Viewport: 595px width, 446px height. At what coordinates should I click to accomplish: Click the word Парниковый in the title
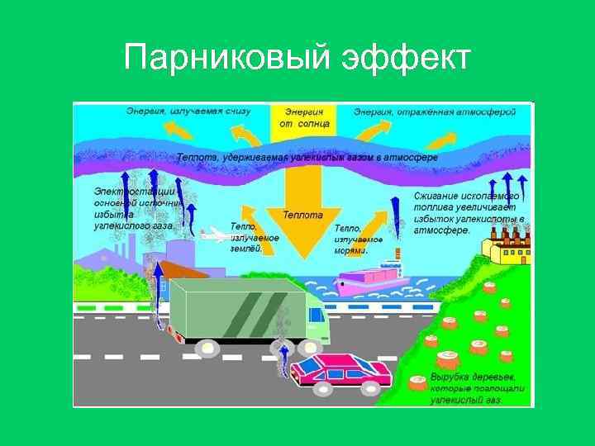(x=217, y=59)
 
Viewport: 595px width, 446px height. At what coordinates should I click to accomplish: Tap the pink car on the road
(x=344, y=374)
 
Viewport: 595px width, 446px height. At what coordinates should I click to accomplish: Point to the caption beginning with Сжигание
(x=468, y=213)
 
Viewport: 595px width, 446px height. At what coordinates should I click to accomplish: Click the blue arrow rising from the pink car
(x=283, y=359)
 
